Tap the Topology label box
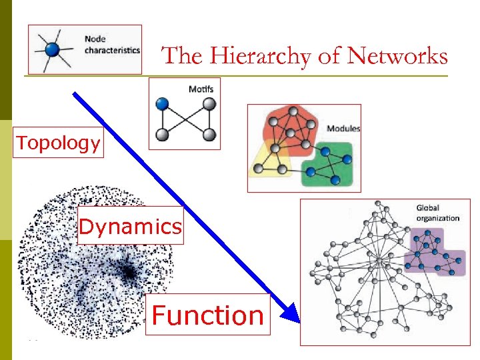point(59,143)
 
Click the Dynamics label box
point(130,227)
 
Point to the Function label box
point(208,315)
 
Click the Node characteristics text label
point(112,45)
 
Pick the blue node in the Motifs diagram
point(162,104)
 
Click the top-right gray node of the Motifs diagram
point(209,104)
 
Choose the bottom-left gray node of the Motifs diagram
point(162,135)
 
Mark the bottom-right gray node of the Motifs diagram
point(209,135)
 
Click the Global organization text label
point(437,213)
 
